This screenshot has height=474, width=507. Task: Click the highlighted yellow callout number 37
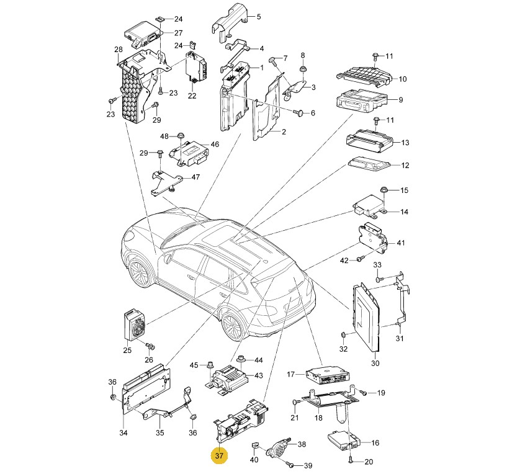[x=219, y=456]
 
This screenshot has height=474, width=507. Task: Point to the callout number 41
[x=400, y=243]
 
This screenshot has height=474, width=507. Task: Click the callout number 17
[x=290, y=374]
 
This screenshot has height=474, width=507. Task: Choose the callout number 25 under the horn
[x=127, y=351]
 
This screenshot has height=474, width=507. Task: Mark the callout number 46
[x=215, y=145]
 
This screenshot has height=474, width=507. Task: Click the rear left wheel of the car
[x=232, y=324]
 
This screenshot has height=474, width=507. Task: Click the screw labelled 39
[x=291, y=464]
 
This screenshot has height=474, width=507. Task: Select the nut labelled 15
[x=385, y=190]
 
